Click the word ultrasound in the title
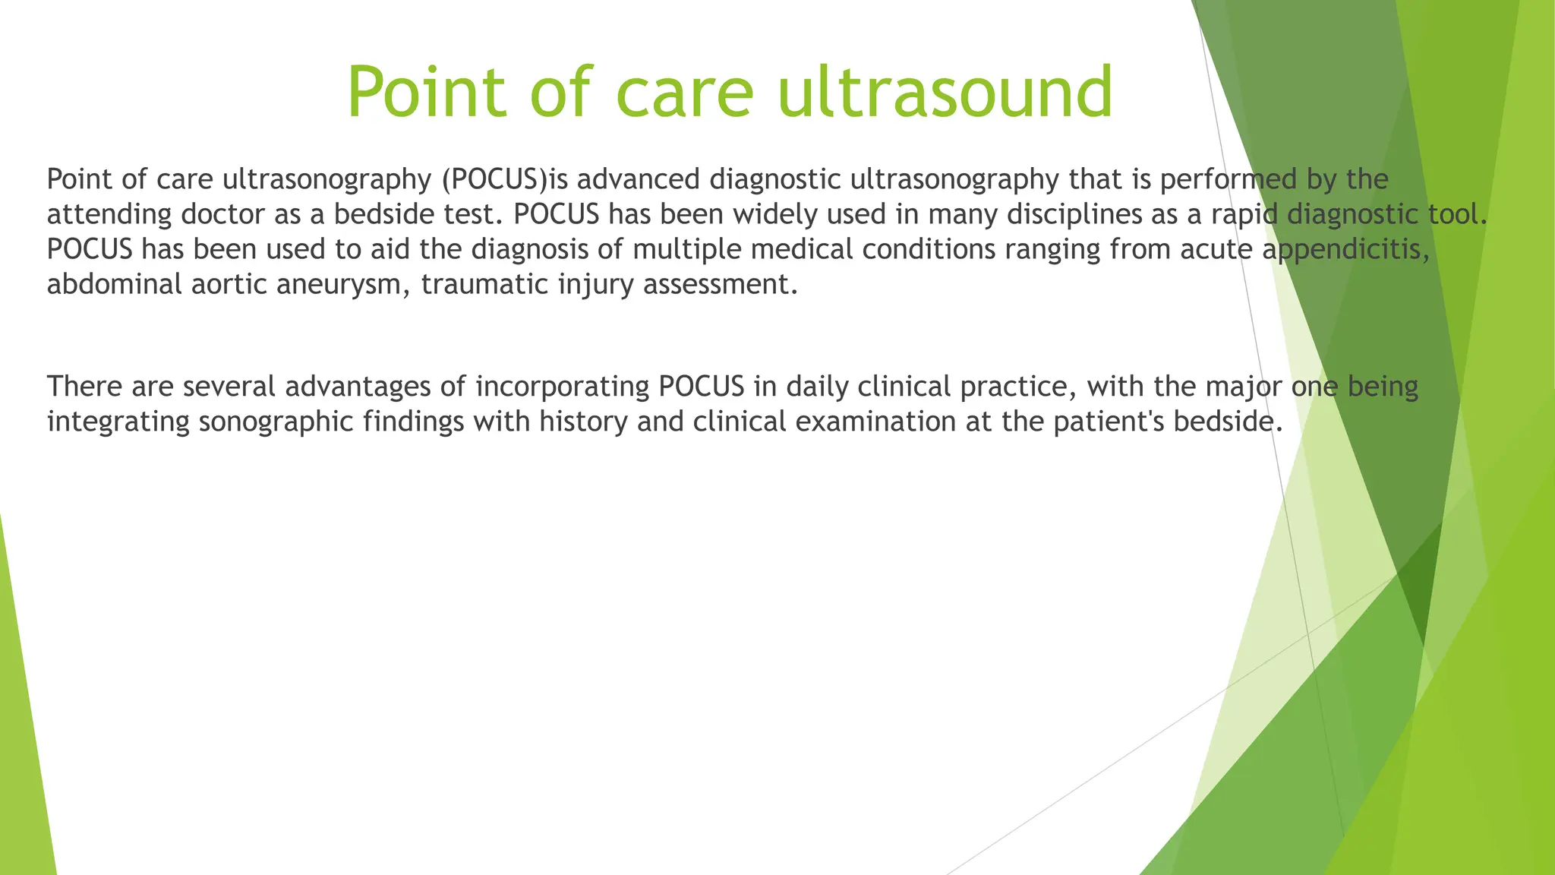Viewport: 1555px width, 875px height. coord(945,93)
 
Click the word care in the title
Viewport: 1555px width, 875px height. coord(684,93)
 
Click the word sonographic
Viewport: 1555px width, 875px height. coord(276,422)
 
